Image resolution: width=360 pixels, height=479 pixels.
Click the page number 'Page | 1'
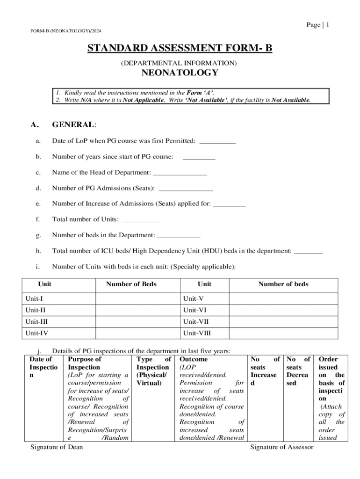point(318,25)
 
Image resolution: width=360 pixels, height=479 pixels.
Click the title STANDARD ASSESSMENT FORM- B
point(180,49)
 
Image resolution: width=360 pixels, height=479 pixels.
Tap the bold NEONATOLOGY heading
point(180,73)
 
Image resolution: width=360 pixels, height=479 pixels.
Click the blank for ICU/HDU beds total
point(308,252)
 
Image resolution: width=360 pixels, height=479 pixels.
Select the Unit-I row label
point(36,298)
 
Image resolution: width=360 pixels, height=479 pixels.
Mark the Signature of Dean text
point(57,447)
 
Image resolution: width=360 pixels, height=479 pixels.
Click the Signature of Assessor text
point(282,447)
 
